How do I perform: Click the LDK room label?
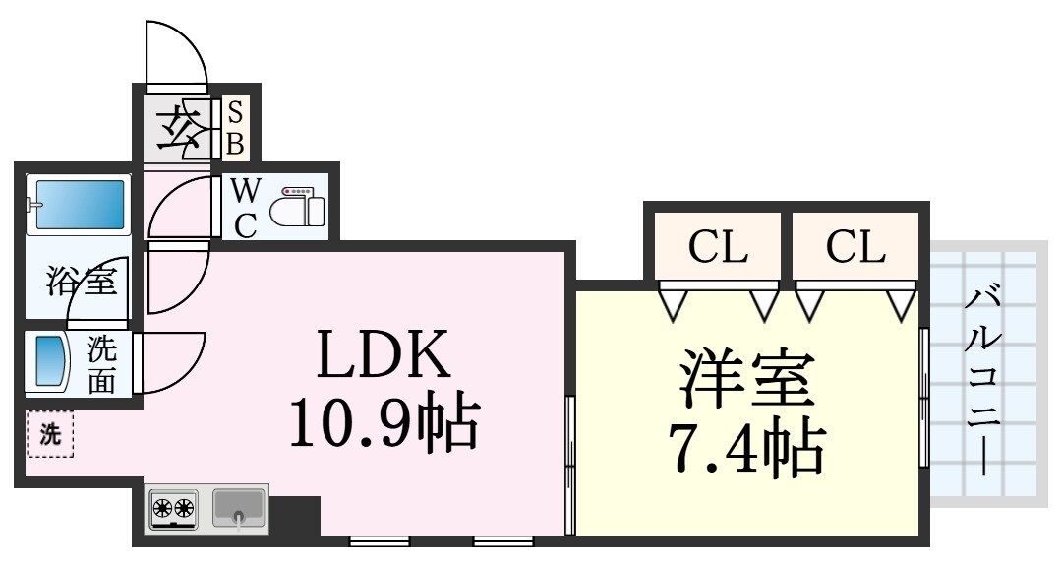point(383,355)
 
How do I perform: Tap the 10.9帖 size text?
point(383,422)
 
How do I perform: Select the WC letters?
point(245,208)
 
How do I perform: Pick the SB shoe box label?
point(236,127)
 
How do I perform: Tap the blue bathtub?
point(79,204)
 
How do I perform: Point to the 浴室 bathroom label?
point(83,283)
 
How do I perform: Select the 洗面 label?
point(102,364)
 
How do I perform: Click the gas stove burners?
point(173,509)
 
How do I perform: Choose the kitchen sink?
point(239,507)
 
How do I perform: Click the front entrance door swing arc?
point(176,54)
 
